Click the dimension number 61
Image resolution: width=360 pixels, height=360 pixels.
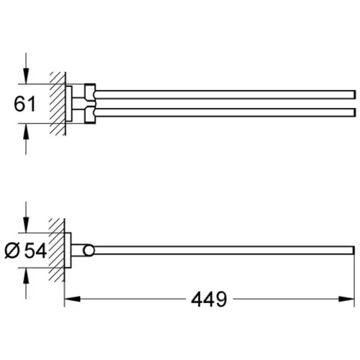(24, 104)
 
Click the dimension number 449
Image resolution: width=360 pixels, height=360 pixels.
(209, 300)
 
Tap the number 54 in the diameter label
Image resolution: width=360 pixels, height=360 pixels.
(36, 251)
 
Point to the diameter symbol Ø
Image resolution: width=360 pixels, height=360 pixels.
(12, 251)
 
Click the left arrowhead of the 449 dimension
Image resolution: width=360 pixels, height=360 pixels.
(72, 299)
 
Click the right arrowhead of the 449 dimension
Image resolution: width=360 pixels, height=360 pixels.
(346, 299)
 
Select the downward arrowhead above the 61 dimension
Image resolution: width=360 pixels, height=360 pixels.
(26, 76)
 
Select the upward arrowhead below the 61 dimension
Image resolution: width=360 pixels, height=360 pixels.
(26, 132)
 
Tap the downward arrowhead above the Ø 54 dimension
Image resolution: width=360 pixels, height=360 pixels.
(26, 225)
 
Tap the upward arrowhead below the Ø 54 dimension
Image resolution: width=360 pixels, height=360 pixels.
(26, 275)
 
